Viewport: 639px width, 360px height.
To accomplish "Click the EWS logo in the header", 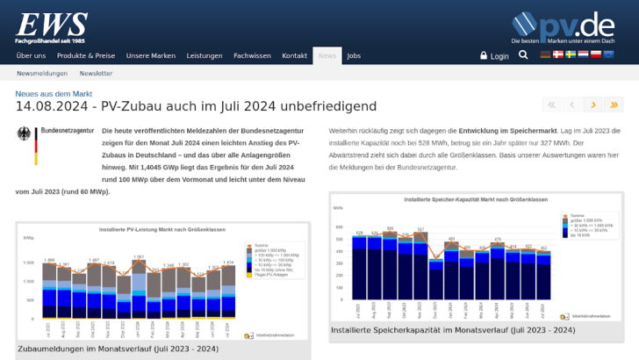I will coord(51,26).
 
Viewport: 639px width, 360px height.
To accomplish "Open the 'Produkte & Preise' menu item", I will coord(86,55).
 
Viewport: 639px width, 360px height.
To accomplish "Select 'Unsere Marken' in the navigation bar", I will coord(150,55).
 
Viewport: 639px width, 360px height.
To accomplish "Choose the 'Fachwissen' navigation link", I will coord(252,55).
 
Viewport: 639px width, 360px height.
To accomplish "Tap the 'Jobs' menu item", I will coord(354,55).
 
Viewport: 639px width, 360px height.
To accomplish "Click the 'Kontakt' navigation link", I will coord(295,55).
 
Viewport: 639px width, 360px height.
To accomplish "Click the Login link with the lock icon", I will coord(494,55).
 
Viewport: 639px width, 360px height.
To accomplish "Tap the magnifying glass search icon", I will coord(523,55).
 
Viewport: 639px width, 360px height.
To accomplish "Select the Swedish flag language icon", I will coord(571,54).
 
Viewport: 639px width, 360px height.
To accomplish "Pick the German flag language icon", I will coord(545,54).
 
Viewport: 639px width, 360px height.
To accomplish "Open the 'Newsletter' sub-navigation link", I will coord(96,74).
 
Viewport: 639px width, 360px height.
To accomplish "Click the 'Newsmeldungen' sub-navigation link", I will coord(42,74).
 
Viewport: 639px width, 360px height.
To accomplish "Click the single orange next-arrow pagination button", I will coord(593,104).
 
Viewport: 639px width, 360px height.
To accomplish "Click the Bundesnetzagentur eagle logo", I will coord(24,146).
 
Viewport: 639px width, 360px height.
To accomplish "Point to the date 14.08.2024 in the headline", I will coord(51,106).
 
